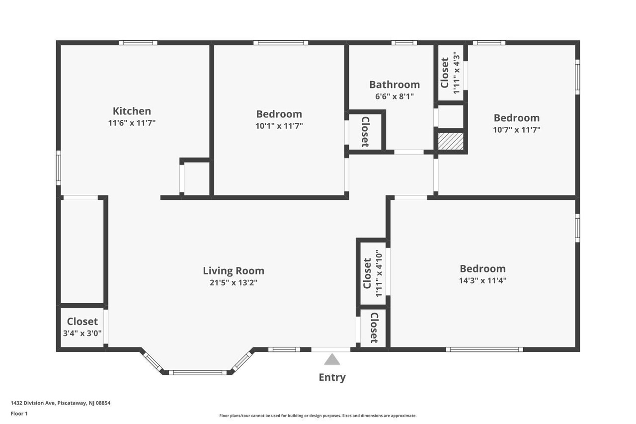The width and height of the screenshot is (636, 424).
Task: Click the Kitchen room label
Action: (132, 111)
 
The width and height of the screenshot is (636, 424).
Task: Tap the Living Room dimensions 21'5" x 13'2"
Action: (234, 283)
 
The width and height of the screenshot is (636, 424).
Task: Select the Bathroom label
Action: (394, 85)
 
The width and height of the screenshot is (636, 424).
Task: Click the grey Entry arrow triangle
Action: (332, 359)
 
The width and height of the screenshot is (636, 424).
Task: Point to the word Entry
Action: (332, 377)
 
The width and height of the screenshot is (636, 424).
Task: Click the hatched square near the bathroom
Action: (451, 141)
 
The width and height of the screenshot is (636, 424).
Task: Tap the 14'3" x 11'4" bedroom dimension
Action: (482, 280)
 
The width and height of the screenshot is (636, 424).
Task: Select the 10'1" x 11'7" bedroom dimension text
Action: (279, 126)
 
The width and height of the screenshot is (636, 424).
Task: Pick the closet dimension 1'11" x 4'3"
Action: (457, 73)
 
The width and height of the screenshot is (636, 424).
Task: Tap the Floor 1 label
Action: (19, 414)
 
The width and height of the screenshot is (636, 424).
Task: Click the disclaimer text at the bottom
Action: (318, 416)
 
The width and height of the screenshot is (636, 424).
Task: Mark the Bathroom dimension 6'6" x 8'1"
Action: (394, 96)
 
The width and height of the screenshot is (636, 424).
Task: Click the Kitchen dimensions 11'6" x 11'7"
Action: (132, 123)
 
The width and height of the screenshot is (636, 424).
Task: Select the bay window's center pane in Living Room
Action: (197, 372)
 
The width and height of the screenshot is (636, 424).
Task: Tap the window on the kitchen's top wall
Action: (138, 43)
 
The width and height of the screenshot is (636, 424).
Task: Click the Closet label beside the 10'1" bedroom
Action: (365, 132)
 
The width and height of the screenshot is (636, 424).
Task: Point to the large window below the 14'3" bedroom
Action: (484, 349)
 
